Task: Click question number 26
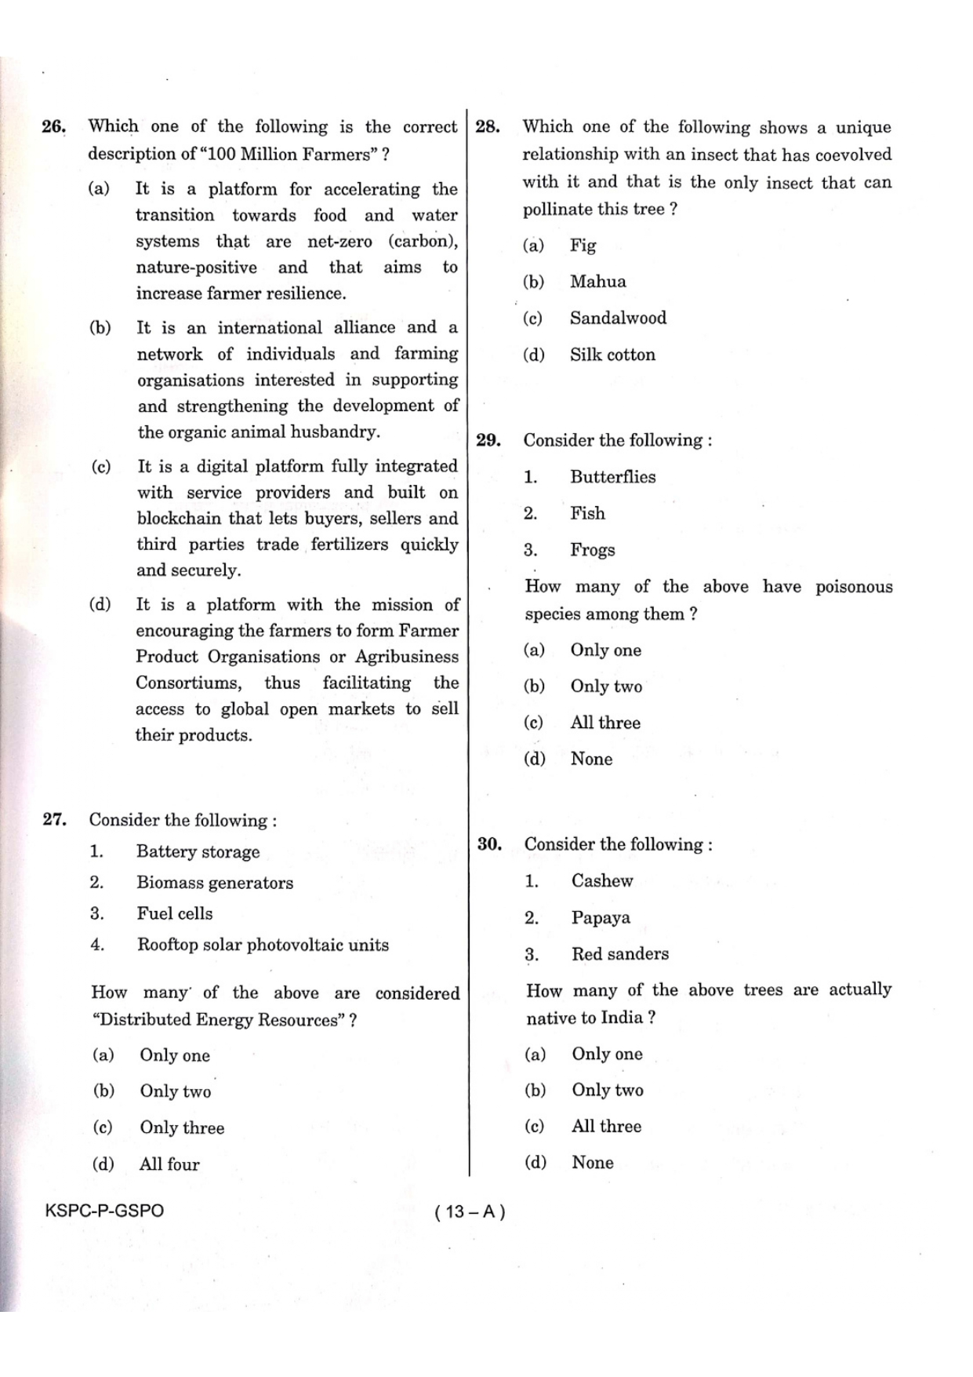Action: (x=53, y=127)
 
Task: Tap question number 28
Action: (x=487, y=127)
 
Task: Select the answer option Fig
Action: (x=583, y=246)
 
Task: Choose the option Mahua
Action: (x=597, y=282)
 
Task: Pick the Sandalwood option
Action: (x=618, y=318)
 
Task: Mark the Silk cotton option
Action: (x=612, y=355)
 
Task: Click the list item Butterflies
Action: (x=612, y=477)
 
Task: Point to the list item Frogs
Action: (x=592, y=550)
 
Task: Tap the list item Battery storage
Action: (x=198, y=852)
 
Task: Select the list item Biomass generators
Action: (x=214, y=883)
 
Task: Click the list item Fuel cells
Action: (x=174, y=914)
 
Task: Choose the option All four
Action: (x=169, y=1164)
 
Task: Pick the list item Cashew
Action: (x=601, y=881)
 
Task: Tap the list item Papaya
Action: (x=600, y=918)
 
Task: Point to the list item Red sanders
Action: (x=619, y=954)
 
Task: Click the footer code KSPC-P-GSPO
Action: (x=104, y=1211)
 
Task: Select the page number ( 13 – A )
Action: (x=470, y=1211)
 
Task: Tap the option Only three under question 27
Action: (x=182, y=1128)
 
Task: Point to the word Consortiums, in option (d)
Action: (x=189, y=683)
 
